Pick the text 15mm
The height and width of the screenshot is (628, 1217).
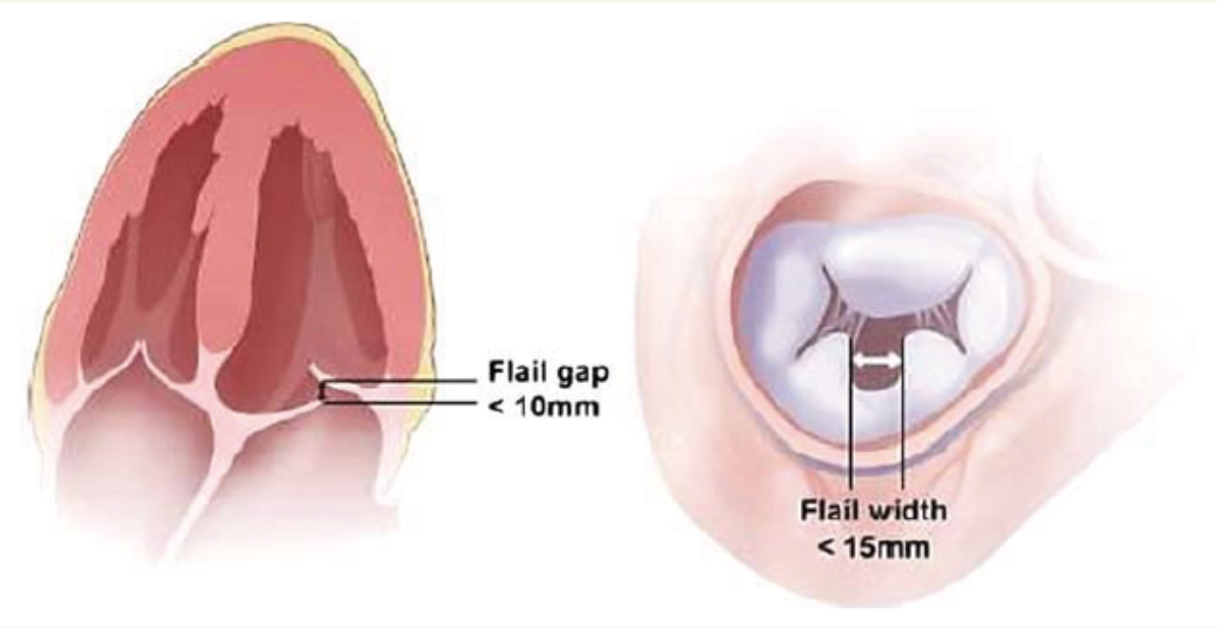click(x=884, y=548)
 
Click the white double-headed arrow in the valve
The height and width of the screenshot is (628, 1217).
click(x=875, y=361)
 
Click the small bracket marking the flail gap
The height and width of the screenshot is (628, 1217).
click(x=323, y=391)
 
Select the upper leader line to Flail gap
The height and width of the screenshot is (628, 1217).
click(x=399, y=382)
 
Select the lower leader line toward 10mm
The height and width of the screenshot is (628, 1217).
click(x=399, y=402)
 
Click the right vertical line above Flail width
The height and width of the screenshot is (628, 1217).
click(x=901, y=418)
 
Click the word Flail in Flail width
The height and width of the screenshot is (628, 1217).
click(x=825, y=510)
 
